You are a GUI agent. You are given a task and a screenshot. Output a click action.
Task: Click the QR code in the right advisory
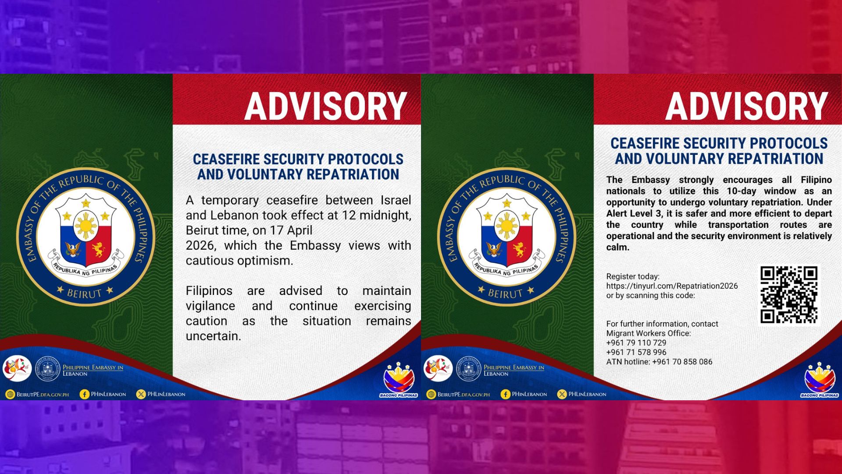click(788, 294)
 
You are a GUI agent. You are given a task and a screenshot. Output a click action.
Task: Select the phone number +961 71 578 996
click(636, 352)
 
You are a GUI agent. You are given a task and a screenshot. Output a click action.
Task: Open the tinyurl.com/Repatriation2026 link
click(672, 286)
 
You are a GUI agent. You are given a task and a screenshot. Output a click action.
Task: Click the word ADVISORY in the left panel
click(325, 107)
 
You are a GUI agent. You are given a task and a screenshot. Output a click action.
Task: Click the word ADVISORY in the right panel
click(746, 107)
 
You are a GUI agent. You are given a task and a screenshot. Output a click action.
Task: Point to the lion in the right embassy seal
click(520, 249)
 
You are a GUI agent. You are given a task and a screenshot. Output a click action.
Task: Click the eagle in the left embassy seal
click(73, 249)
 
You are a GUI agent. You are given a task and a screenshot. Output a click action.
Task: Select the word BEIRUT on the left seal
click(84, 293)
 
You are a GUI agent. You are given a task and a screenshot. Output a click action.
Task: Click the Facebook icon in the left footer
click(84, 394)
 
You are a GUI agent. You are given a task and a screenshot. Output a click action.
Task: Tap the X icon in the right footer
click(562, 394)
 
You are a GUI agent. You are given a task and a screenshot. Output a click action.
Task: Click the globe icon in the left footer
click(10, 394)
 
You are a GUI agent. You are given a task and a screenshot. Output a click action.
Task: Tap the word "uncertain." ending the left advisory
click(213, 336)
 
